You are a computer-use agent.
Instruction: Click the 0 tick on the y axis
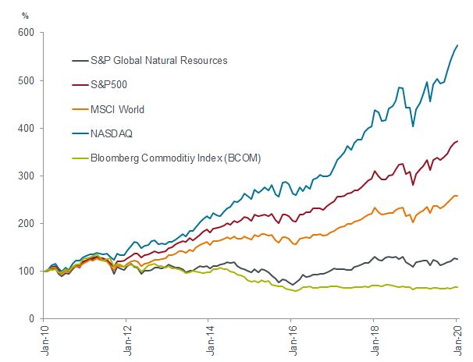coord(33,318)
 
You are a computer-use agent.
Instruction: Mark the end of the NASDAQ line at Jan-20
coord(457,46)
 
